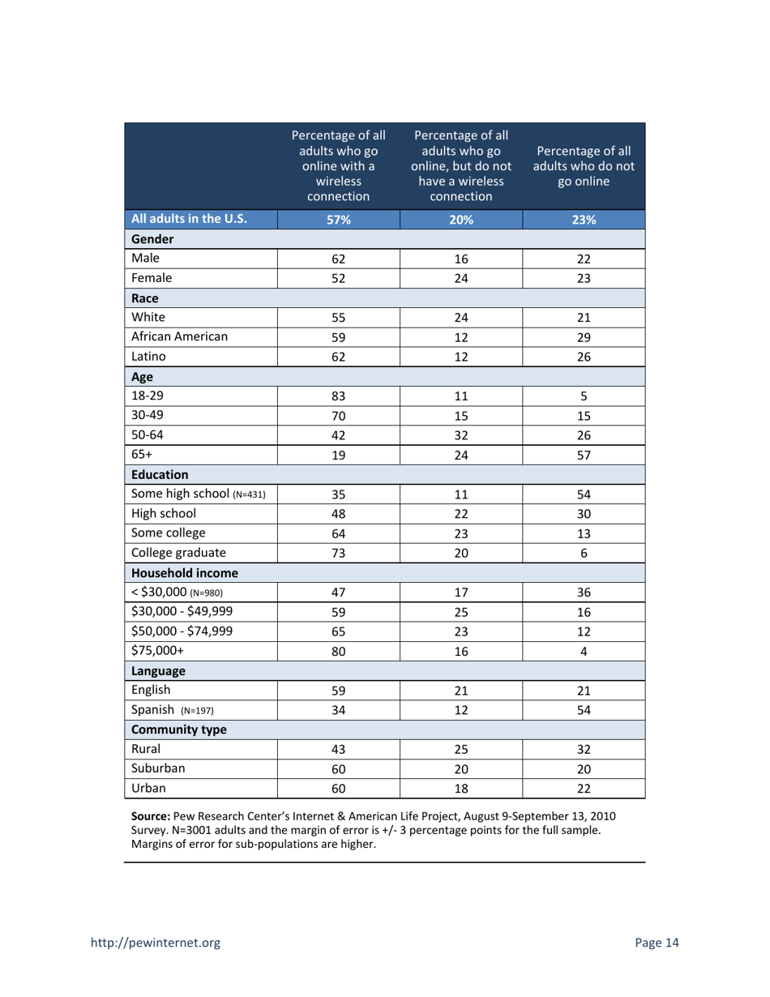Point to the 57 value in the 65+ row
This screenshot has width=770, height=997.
tap(584, 455)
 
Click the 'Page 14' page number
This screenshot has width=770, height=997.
tap(657, 942)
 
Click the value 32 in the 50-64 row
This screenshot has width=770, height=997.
tap(461, 436)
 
